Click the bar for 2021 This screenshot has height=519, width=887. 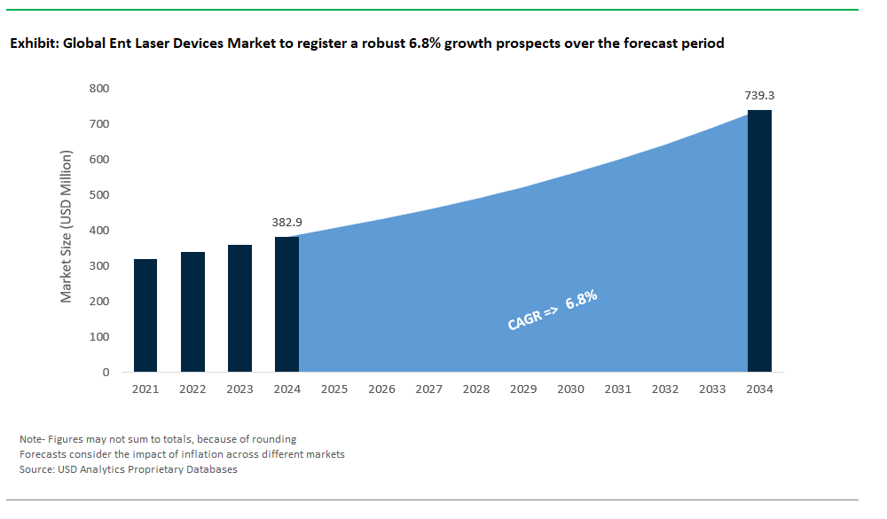coord(145,315)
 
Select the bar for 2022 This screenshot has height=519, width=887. coord(192,312)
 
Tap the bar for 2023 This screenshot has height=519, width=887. coord(239,309)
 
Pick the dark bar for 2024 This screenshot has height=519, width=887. coord(287,304)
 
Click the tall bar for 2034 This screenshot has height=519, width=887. coord(759,241)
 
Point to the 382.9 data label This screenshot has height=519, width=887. coord(287,223)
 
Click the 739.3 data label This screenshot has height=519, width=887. coord(759,96)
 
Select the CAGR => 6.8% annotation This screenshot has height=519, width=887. coord(552,310)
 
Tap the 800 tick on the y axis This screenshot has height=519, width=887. coord(99,89)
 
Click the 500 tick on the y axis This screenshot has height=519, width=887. coord(99,194)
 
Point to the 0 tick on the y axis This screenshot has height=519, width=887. coord(106,373)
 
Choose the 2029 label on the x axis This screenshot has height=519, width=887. coord(523,389)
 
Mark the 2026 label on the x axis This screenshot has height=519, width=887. coord(381,389)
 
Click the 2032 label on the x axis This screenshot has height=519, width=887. coord(664,389)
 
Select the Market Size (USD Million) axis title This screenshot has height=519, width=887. coord(67,226)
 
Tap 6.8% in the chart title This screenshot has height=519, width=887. coord(424,43)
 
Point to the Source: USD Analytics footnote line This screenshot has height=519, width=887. coord(129,469)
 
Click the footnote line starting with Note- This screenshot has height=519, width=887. coord(158,439)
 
